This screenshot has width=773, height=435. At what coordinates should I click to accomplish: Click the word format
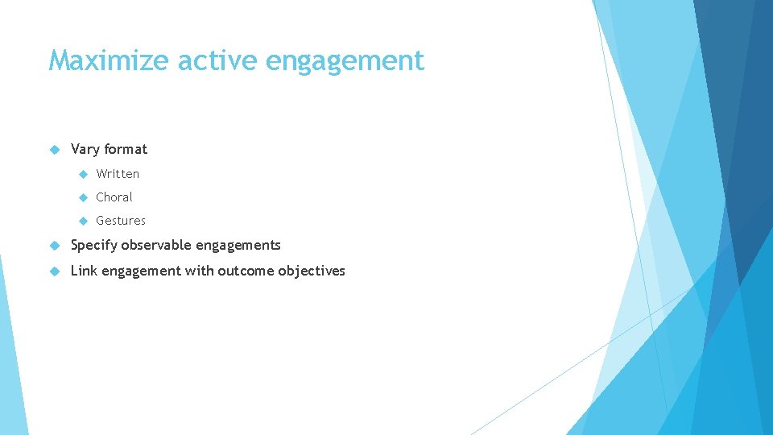(x=126, y=149)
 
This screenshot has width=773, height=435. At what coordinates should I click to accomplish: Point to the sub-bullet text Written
(x=118, y=174)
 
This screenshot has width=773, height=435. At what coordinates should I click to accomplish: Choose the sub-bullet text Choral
(x=114, y=197)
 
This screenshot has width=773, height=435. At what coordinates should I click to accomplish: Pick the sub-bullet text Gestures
(x=121, y=221)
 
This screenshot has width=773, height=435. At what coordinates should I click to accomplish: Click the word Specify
(x=94, y=246)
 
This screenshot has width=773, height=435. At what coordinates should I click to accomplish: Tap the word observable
(x=158, y=245)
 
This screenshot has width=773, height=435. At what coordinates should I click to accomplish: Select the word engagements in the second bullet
(x=240, y=246)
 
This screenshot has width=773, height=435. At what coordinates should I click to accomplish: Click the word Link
(x=84, y=271)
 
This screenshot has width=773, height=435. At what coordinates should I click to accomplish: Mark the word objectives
(x=312, y=271)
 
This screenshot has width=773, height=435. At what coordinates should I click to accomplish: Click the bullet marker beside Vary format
(x=55, y=149)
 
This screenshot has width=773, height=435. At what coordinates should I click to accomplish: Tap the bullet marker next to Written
(x=82, y=174)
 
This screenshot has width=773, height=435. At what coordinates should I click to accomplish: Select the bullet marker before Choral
(x=82, y=197)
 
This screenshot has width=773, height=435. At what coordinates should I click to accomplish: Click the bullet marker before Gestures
(x=82, y=221)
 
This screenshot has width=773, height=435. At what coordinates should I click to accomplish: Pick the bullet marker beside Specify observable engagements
(x=55, y=245)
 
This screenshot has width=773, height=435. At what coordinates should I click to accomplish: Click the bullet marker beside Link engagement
(x=55, y=271)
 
